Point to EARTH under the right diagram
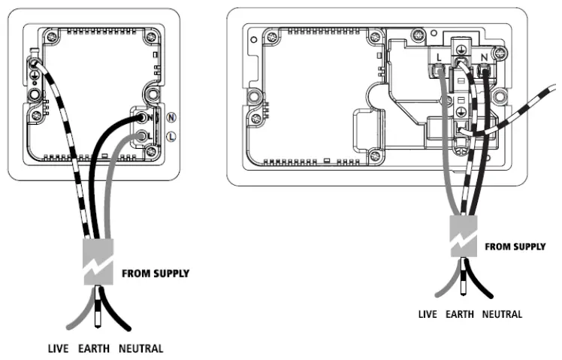point(461,313)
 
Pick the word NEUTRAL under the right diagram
point(501,313)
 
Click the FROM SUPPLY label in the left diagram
point(155,274)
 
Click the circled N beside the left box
point(171,117)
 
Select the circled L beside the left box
point(171,137)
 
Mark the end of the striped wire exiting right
point(557,90)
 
